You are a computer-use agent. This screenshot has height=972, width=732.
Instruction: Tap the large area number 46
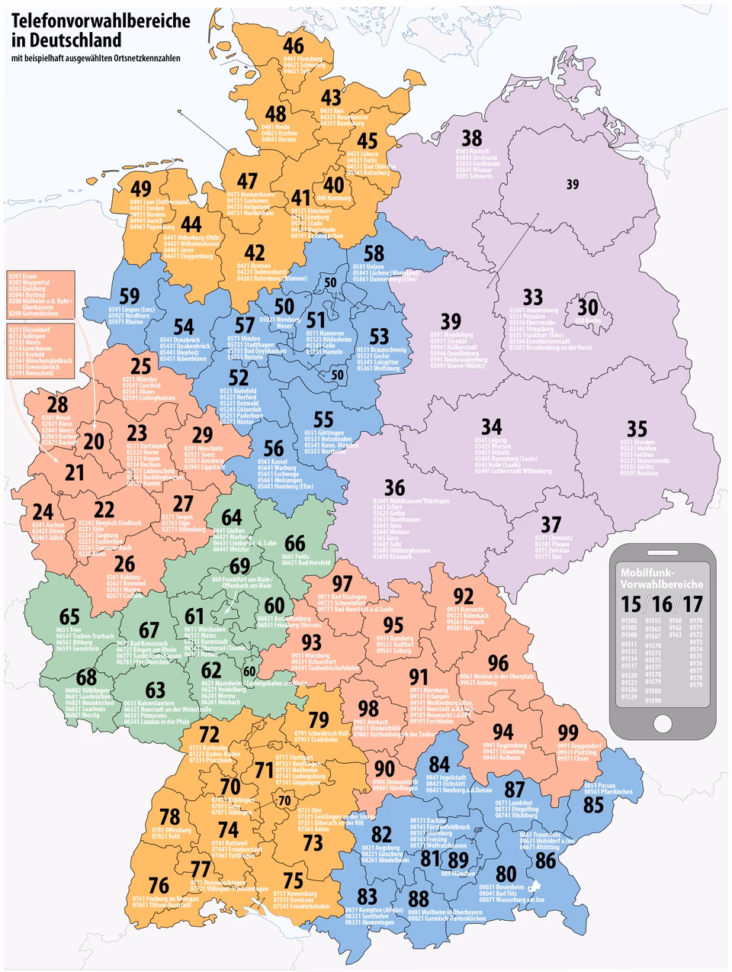point(294,45)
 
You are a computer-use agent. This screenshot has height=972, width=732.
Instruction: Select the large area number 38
point(472,137)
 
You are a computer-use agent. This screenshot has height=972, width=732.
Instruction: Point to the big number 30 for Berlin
point(587,307)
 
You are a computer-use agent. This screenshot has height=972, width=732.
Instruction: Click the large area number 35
point(637,427)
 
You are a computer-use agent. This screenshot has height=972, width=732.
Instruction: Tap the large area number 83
point(367,896)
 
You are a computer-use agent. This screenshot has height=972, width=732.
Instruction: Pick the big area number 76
point(159,885)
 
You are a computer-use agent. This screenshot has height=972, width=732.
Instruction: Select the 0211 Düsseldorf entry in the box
point(27,330)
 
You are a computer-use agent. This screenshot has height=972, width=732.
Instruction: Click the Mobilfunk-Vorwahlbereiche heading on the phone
point(662,578)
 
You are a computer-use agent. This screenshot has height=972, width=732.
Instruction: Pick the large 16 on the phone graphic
point(662,603)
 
